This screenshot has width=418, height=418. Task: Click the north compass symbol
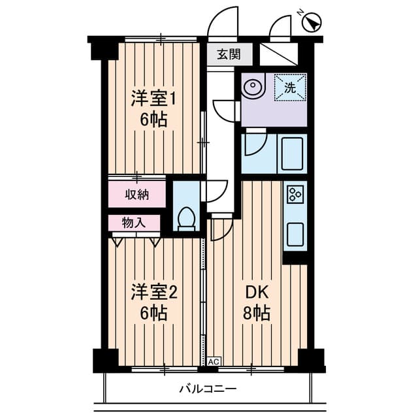(313, 23)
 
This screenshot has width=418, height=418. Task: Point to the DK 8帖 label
(257, 302)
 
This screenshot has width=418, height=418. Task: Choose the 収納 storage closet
(137, 194)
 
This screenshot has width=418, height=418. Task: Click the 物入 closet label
(134, 223)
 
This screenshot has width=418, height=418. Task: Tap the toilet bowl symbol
(187, 219)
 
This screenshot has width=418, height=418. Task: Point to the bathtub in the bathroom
(291, 154)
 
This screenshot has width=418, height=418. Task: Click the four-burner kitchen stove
(295, 193)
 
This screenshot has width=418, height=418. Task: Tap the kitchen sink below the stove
(295, 233)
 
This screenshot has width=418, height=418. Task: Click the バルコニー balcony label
(208, 390)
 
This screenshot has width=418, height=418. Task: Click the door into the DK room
(221, 229)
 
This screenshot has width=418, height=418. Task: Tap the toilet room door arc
(216, 191)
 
